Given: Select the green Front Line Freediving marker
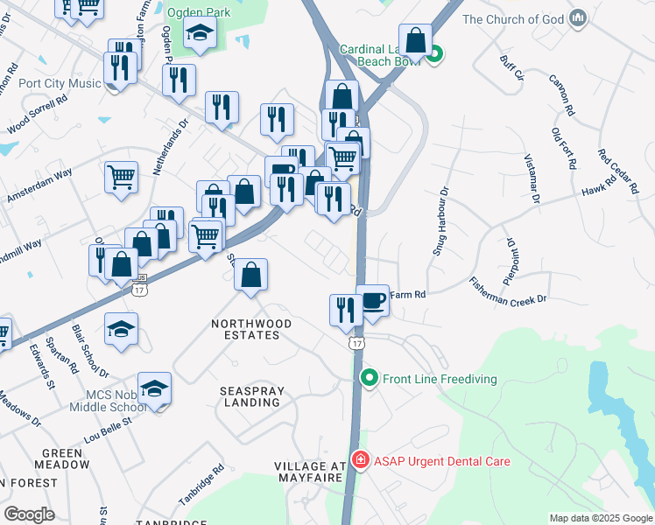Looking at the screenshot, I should point(370,379).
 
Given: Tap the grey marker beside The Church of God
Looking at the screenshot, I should point(577,18).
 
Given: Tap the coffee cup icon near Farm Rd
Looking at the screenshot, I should point(372,301).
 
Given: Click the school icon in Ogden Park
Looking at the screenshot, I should point(201,34).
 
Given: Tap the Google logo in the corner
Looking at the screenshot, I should point(29,514).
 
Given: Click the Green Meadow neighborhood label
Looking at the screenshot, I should point(63,458).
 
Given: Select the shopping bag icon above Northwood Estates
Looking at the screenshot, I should point(251,276).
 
